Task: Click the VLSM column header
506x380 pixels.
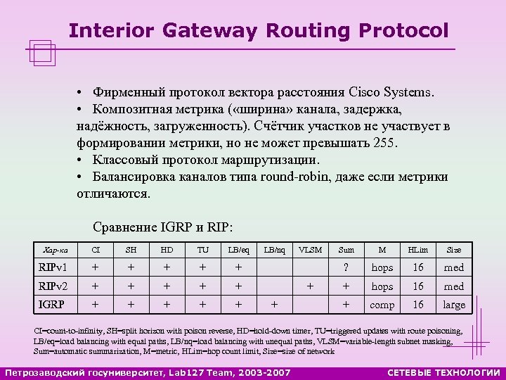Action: [x=310, y=250]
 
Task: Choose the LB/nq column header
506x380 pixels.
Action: [x=275, y=250]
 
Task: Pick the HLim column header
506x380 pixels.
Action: [x=418, y=250]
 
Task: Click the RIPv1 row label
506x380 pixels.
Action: [x=53, y=267]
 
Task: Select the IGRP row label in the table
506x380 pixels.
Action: [x=51, y=305]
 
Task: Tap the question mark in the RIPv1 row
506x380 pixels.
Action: [x=346, y=267]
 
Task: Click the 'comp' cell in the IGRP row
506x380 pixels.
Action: [x=382, y=305]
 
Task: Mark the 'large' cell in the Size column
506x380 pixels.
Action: [x=454, y=305]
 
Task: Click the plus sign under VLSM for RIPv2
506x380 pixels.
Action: [x=310, y=286]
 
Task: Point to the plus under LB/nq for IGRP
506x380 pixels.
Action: [x=275, y=305]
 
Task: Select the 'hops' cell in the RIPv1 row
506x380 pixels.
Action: [x=382, y=267]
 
